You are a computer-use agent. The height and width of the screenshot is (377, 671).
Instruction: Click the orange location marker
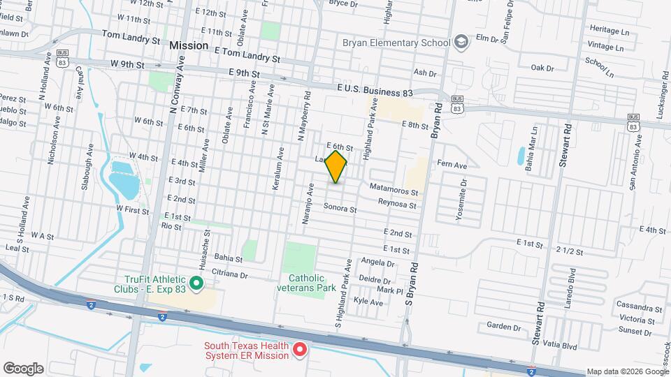(x=336, y=166)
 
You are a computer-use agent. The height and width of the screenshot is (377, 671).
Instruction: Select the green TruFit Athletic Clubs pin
(x=196, y=283)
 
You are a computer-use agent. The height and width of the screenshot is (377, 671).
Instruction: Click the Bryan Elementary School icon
(x=461, y=43)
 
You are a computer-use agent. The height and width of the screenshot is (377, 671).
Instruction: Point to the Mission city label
(x=189, y=45)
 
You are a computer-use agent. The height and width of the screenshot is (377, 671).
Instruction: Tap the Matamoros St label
(x=394, y=188)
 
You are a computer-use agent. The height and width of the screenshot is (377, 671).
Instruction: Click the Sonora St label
(x=340, y=207)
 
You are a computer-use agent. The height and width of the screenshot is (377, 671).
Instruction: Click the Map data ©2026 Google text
(x=627, y=371)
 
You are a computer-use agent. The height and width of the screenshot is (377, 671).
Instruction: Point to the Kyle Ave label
(x=368, y=302)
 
